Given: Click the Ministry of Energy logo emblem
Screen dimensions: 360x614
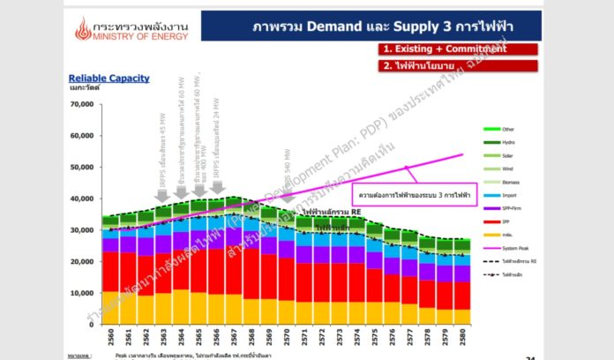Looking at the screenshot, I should point(83,27).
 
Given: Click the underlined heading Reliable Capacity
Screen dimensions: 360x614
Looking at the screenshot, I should point(109,78).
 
